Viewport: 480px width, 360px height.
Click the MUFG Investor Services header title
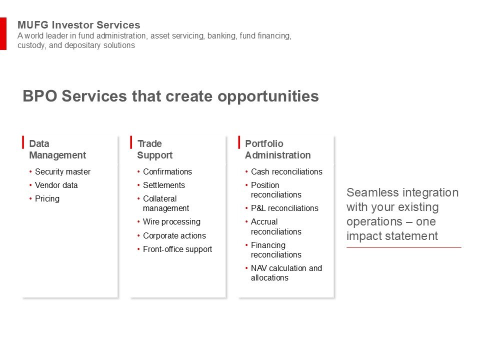tap(78, 25)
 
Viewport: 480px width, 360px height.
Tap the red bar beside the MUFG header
tap(3, 33)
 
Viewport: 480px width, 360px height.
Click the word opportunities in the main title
tap(268, 96)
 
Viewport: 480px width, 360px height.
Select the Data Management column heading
tap(57, 149)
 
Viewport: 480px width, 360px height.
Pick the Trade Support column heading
tap(155, 149)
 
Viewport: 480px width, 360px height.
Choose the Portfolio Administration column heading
tap(277, 149)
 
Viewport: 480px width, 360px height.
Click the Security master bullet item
tap(63, 171)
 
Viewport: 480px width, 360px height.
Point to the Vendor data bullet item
tap(56, 185)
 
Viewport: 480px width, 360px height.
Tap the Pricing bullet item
tap(47, 199)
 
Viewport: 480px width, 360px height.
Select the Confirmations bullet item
tap(167, 171)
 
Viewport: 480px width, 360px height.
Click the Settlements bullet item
tap(164, 185)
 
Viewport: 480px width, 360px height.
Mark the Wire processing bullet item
tap(171, 222)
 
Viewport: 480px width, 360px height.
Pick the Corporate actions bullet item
tap(174, 235)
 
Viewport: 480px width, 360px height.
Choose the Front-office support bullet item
tap(177, 249)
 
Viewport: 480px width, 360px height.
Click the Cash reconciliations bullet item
tap(286, 171)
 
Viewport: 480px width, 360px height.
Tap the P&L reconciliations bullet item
tap(284, 208)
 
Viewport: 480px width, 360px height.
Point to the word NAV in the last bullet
tap(258, 268)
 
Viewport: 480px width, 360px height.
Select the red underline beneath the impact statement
tap(404, 247)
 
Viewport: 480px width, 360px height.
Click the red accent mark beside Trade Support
tap(131, 142)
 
